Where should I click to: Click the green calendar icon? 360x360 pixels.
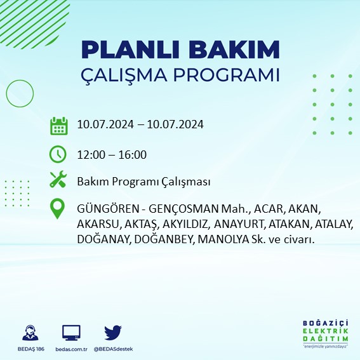58,126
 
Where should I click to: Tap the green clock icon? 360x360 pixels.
58,154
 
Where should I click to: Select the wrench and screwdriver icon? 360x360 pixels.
58,180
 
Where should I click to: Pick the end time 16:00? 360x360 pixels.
133,155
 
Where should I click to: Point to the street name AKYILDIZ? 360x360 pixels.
185,224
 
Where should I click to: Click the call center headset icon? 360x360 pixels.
29,333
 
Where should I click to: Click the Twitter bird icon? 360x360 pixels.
113,333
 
